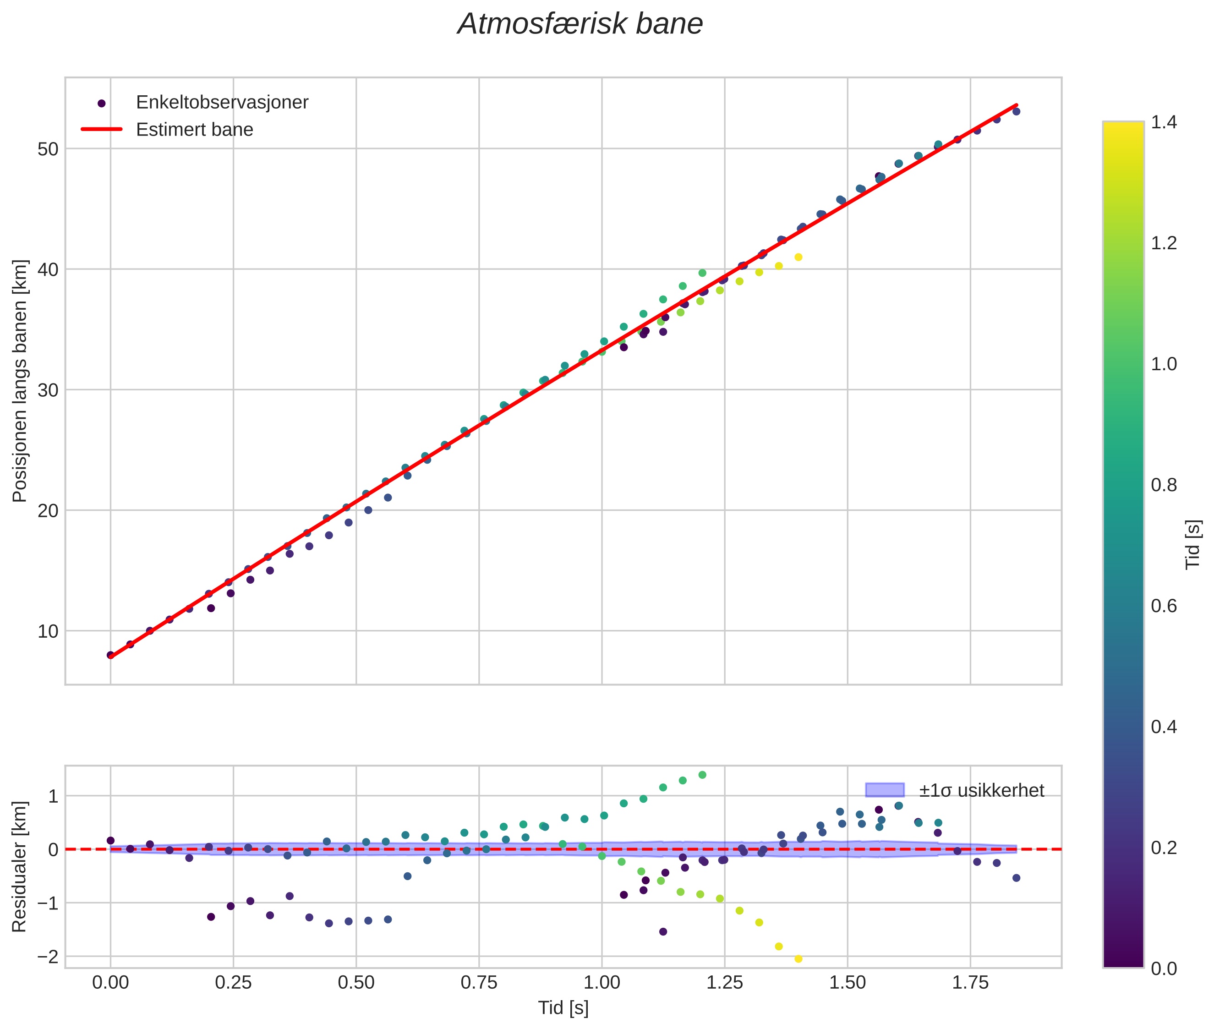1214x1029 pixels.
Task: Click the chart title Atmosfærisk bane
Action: [580, 24]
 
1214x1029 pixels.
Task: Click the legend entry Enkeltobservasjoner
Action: [222, 103]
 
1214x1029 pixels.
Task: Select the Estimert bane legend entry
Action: [194, 130]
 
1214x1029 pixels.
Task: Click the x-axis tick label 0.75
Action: [479, 983]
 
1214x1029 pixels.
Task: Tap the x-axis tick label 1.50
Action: [848, 983]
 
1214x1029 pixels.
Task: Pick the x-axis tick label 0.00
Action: [110, 983]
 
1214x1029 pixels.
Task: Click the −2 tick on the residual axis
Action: [47, 957]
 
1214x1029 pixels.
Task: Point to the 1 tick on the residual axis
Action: [53, 796]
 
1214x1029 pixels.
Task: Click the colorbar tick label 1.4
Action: [1163, 122]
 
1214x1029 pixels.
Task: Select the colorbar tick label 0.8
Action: [1163, 485]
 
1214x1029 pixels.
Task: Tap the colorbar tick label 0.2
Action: [1163, 848]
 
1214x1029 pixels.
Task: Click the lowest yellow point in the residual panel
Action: [798, 959]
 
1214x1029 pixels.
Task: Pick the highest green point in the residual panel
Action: [702, 775]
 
